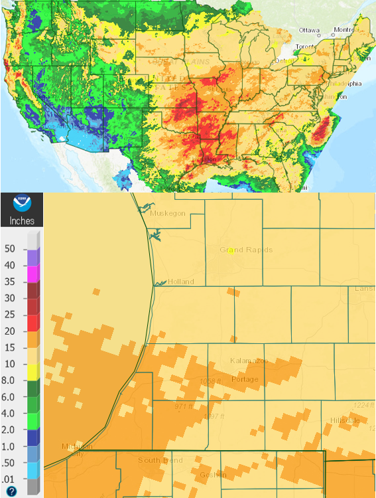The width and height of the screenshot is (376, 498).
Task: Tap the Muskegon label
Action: (170, 214)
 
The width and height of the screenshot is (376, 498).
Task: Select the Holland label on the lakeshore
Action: (180, 282)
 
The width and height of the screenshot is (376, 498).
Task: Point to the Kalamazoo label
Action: (249, 360)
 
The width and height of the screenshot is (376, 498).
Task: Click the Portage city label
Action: (244, 379)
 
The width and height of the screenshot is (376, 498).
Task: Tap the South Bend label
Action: (158, 460)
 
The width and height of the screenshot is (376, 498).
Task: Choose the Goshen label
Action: (212, 475)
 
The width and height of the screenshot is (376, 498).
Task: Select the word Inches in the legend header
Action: (21, 220)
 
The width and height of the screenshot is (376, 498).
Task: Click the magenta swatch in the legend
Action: (32, 273)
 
